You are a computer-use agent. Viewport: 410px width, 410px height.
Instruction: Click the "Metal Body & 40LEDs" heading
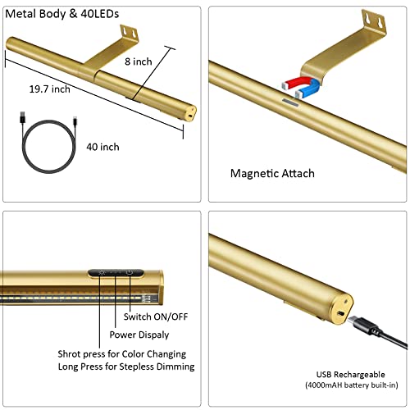(x=62, y=14)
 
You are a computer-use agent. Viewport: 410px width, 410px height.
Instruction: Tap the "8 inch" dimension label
(x=139, y=61)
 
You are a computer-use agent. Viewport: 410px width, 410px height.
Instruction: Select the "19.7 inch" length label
(x=50, y=89)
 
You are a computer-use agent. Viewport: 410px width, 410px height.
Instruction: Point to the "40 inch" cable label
(x=103, y=147)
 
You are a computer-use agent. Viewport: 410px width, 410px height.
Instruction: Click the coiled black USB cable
(x=48, y=146)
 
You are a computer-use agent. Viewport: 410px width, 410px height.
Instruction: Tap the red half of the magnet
(x=298, y=82)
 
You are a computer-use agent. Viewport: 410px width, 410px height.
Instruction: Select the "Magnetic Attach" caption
(x=272, y=174)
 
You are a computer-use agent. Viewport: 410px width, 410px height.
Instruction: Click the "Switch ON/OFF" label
(x=156, y=317)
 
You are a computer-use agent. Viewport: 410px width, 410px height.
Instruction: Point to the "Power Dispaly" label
(x=139, y=335)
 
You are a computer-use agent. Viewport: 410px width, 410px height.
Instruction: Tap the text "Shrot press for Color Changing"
(x=122, y=354)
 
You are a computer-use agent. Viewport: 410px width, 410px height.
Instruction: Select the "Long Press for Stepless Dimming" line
(x=126, y=367)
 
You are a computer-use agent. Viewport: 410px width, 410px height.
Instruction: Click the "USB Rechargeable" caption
(x=351, y=375)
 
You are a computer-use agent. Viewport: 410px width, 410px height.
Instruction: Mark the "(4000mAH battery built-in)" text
(x=352, y=385)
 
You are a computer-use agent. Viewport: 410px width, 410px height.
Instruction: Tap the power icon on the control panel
(x=130, y=272)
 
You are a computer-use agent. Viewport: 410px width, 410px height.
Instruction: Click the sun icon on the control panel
(x=102, y=272)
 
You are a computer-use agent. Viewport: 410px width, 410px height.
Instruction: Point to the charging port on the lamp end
(x=340, y=313)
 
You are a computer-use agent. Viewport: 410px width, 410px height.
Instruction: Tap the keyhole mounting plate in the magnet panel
(x=374, y=21)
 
